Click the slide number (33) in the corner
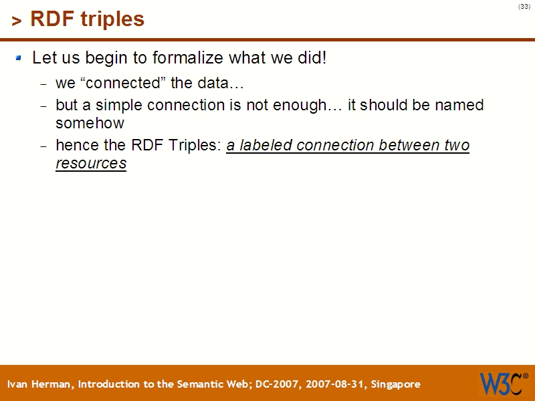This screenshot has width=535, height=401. (x=524, y=7)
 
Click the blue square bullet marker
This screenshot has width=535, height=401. (x=19, y=58)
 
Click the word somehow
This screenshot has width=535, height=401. (x=90, y=124)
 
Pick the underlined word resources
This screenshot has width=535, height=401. (x=91, y=164)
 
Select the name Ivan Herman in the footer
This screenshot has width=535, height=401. (x=41, y=384)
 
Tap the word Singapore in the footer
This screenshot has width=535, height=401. (x=395, y=384)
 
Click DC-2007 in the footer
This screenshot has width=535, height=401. (x=277, y=384)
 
